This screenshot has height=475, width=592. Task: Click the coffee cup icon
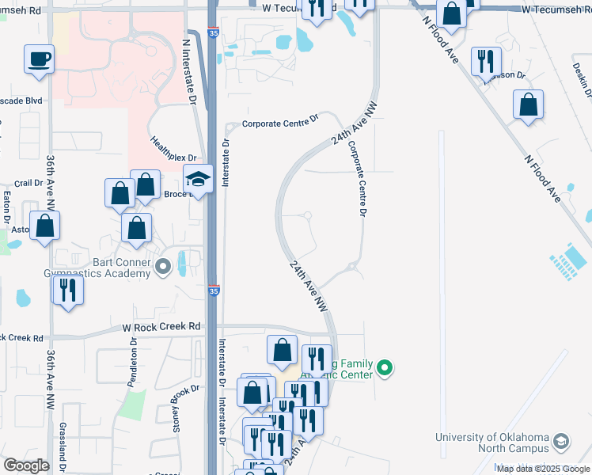tap(39, 59)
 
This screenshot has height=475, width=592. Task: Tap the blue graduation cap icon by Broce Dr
tap(198, 180)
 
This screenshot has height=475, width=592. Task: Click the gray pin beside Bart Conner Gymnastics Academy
tap(164, 267)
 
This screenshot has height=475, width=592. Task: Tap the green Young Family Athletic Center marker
tap(385, 367)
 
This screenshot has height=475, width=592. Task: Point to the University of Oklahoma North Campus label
tap(491, 442)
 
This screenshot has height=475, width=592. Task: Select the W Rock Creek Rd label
tap(161, 326)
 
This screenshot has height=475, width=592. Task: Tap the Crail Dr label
tap(28, 183)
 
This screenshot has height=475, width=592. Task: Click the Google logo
tap(26, 465)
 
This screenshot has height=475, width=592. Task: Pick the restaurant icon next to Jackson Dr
tap(486, 62)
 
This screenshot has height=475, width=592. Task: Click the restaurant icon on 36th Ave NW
tap(67, 290)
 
